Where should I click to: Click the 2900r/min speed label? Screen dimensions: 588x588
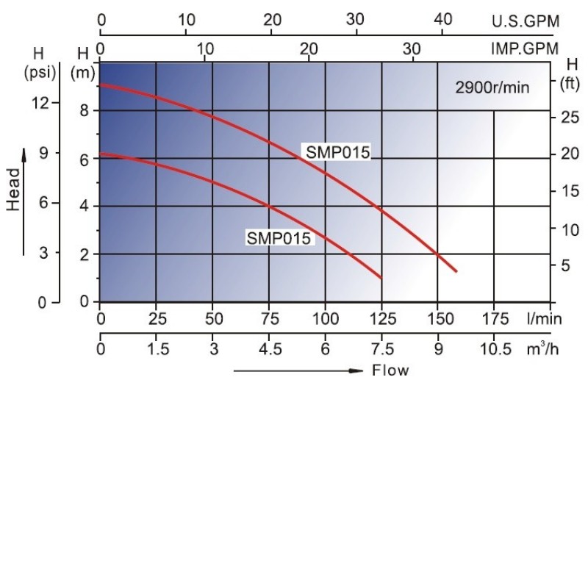[x=492, y=87]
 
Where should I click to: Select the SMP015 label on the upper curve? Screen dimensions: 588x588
[x=337, y=152]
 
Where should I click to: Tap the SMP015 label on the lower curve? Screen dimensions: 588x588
[x=279, y=238]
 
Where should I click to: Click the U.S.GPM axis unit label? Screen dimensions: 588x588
[x=525, y=21]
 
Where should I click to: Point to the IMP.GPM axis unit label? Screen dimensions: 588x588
[x=525, y=49]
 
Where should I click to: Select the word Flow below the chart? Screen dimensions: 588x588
[x=390, y=370]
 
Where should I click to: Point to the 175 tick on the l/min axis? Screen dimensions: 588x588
[x=495, y=319]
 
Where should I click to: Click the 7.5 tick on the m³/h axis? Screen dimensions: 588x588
[x=381, y=349]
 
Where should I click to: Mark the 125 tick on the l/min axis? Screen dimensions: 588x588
[x=381, y=319]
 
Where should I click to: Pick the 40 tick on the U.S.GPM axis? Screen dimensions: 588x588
[x=442, y=20]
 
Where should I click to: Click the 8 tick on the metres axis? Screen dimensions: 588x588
[x=85, y=111]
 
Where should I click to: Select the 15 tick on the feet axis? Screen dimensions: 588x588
[x=569, y=191]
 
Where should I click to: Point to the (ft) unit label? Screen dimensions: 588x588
[x=570, y=82]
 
